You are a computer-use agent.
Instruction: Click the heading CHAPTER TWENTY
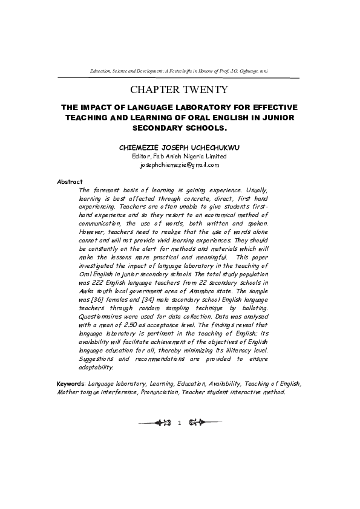click(x=179, y=90)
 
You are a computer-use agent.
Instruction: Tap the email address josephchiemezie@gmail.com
click(x=179, y=164)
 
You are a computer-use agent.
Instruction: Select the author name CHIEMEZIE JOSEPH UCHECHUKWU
click(x=179, y=147)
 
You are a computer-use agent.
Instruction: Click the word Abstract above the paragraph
click(x=70, y=181)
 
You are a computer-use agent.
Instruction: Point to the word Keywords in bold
click(x=71, y=383)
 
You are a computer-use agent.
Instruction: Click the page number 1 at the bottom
click(x=179, y=422)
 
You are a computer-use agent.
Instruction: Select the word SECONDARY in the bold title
click(x=157, y=128)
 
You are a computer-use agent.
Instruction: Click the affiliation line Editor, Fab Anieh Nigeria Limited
click(x=179, y=156)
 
